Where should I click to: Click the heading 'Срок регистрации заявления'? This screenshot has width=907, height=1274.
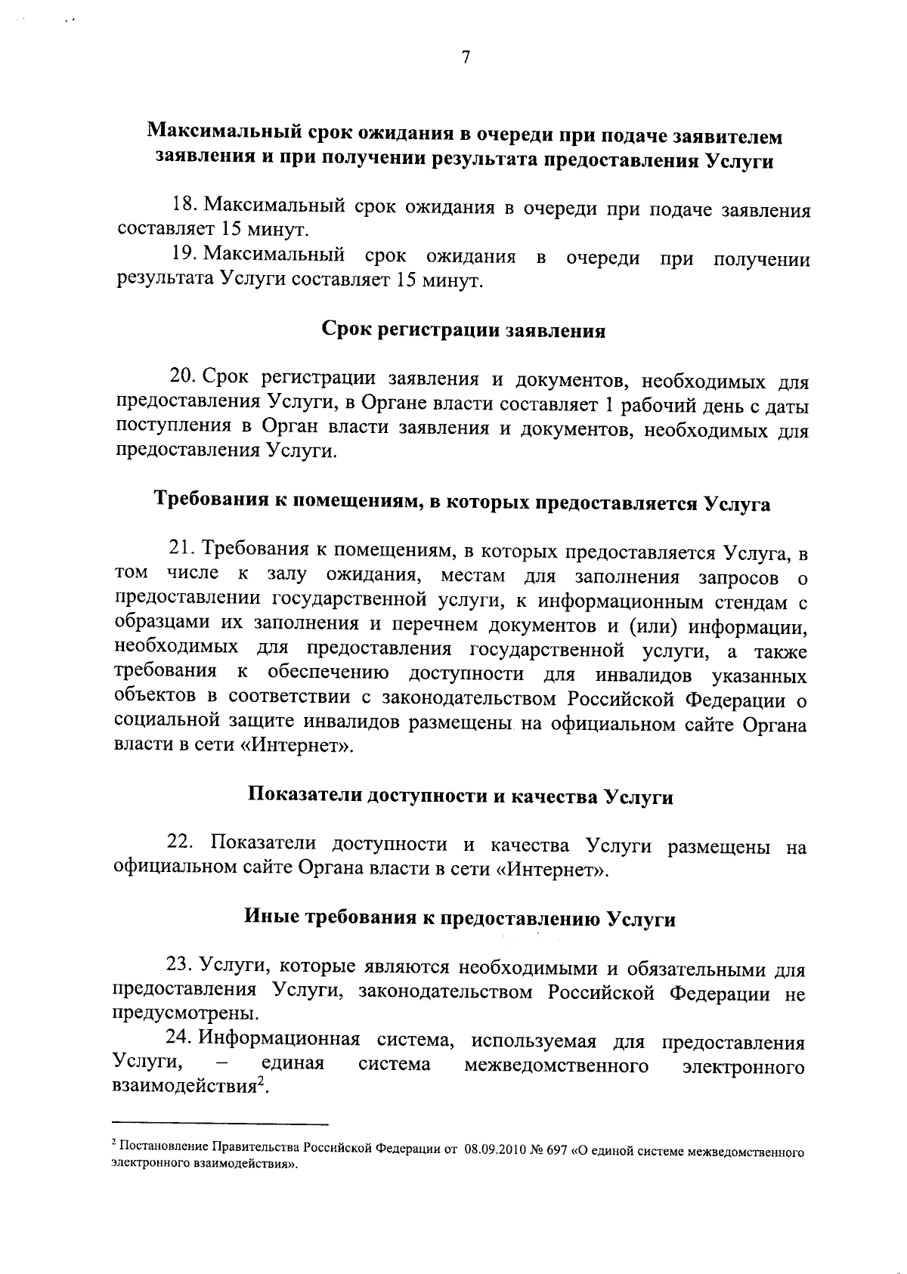pyautogui.click(x=463, y=330)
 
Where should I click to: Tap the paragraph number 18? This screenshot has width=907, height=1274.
pyautogui.click(x=184, y=206)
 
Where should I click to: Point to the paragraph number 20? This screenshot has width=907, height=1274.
pyautogui.click(x=184, y=378)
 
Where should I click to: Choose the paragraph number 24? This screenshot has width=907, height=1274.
pyautogui.click(x=181, y=1041)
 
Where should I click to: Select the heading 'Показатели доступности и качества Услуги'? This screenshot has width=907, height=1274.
pyautogui.click(x=461, y=796)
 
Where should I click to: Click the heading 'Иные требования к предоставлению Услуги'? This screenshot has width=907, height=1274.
pyautogui.click(x=460, y=919)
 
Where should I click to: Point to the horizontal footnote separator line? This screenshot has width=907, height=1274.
pyautogui.click(x=220, y=1124)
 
